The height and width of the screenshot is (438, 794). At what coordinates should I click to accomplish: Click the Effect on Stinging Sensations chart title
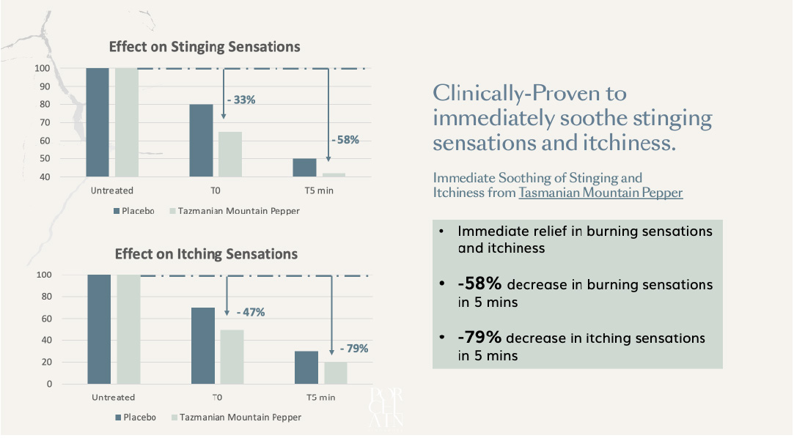205,46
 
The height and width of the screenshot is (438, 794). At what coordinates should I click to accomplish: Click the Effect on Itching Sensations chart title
206,254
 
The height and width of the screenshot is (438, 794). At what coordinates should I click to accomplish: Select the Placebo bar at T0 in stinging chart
201,140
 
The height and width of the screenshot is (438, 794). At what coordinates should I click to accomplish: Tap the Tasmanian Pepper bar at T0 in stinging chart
229,154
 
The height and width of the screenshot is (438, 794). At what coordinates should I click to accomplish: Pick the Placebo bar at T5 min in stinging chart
304,167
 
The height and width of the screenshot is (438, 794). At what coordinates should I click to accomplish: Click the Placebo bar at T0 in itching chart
202,345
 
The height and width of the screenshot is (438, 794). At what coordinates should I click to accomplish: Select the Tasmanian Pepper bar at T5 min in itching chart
335,372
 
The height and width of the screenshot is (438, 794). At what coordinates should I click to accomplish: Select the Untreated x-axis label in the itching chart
113,398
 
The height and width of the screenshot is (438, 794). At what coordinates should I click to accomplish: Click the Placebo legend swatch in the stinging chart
117,211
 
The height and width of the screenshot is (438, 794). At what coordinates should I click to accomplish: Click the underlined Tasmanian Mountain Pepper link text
600,193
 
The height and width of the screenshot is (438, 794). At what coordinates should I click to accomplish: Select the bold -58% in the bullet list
479,283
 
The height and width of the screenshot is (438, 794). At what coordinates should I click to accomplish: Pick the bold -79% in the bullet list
479,338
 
